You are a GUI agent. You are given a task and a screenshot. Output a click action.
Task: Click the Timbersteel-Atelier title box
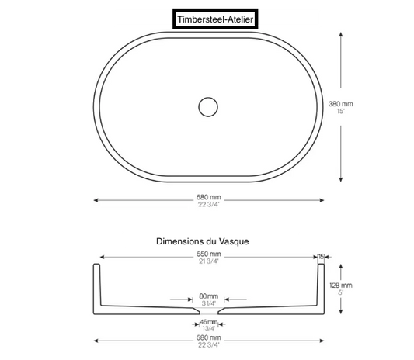[215, 19]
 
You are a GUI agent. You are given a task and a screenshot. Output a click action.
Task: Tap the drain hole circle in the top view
[208, 98]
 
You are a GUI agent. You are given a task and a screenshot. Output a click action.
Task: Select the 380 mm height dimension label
[341, 104]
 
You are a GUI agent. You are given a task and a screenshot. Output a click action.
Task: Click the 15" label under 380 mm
[341, 111]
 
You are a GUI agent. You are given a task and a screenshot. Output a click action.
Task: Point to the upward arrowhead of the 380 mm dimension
[341, 34]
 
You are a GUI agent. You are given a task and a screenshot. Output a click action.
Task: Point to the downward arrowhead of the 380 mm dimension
[341, 179]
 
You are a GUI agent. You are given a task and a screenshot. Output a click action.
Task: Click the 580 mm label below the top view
[209, 197]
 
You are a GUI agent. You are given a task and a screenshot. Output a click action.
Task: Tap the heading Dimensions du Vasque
[203, 241]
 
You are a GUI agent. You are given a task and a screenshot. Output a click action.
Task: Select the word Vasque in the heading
[234, 241]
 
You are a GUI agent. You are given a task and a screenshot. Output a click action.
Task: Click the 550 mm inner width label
[209, 254]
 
